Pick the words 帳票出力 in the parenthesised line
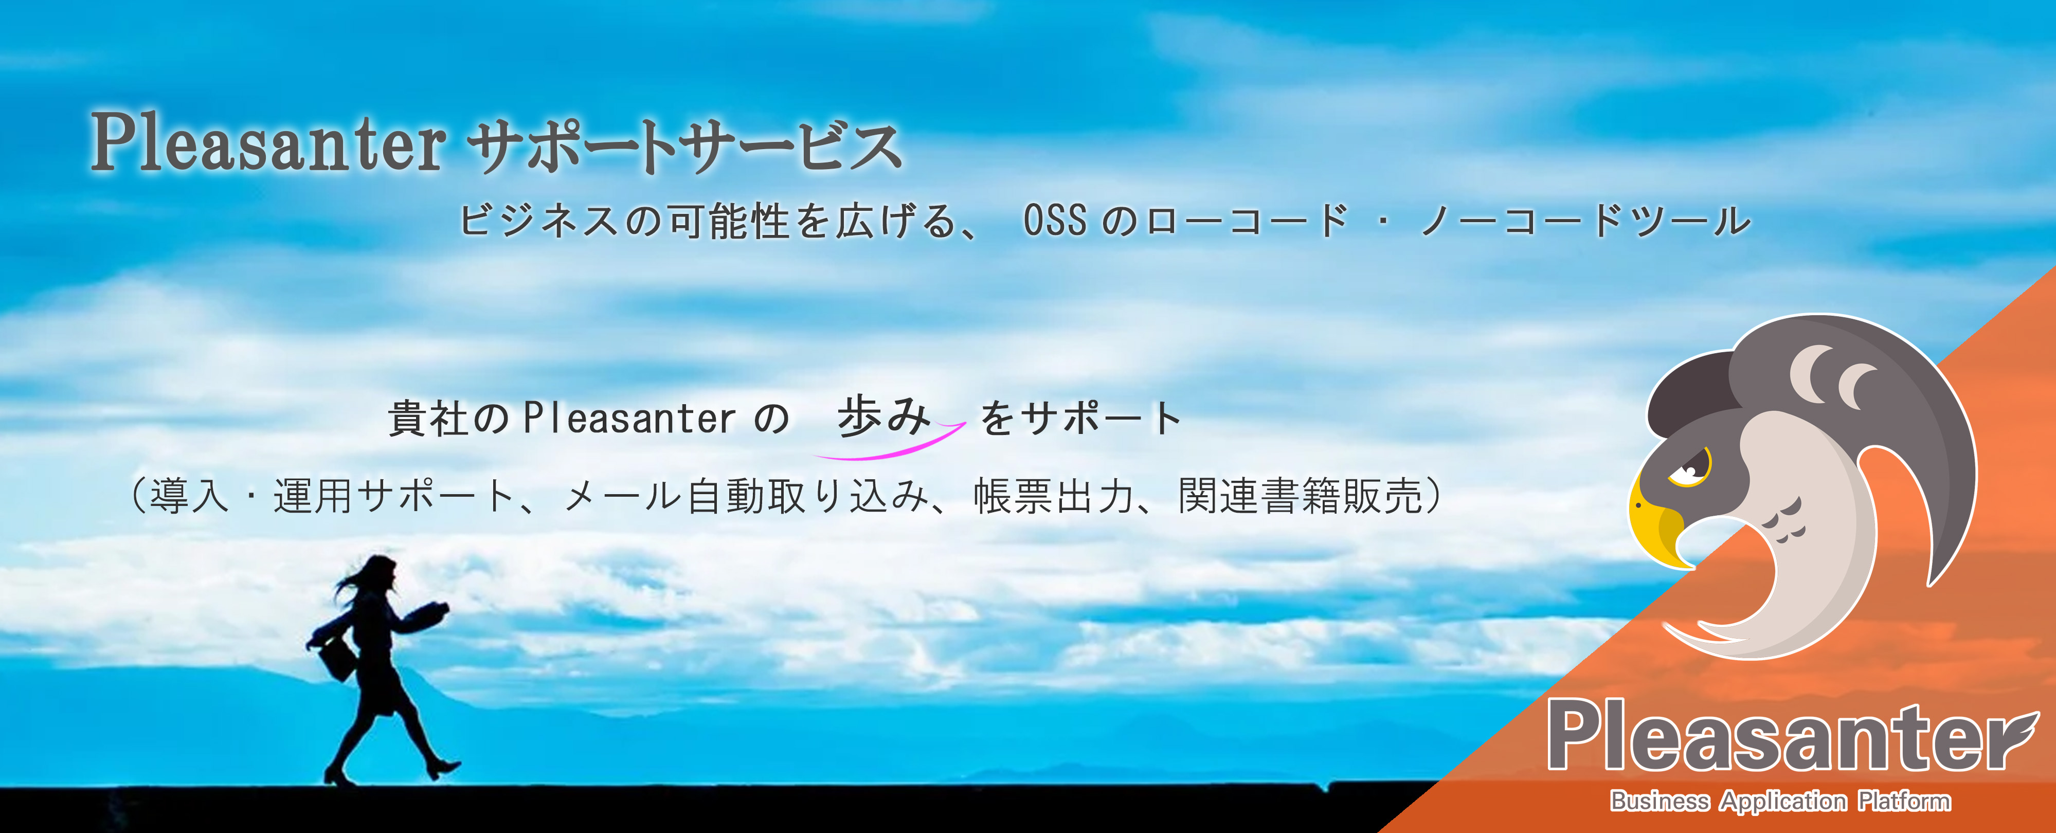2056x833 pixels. coord(1054,496)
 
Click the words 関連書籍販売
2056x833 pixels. coord(1301,496)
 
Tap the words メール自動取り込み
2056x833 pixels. coord(746,496)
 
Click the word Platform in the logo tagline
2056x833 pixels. coord(1904,800)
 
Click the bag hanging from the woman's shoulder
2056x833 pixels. coord(338,659)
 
